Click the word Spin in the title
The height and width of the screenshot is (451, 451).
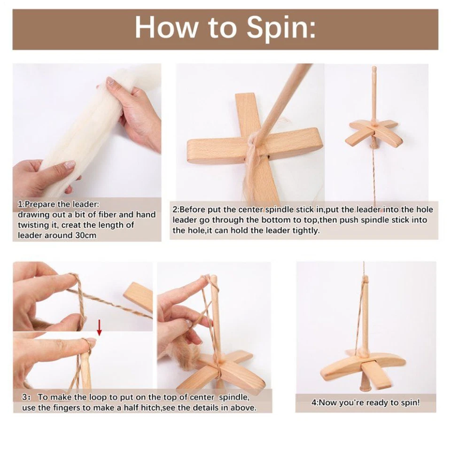click(281, 28)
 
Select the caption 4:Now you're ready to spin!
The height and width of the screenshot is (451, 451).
click(365, 403)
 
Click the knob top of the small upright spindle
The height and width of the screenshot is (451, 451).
click(374, 71)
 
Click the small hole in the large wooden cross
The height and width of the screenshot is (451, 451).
click(266, 153)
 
